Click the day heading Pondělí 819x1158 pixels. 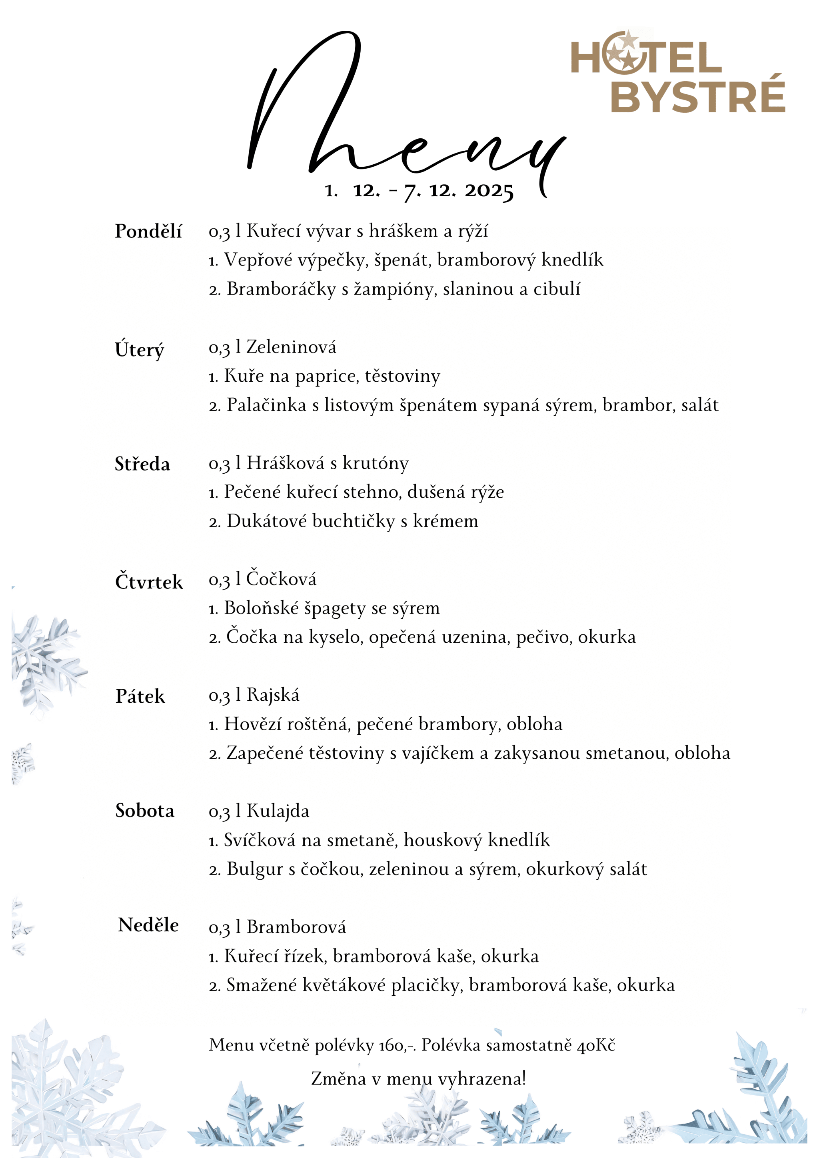148,231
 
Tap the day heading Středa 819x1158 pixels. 142,464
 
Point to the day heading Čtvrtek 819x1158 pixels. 149,582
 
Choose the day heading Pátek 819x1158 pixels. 140,696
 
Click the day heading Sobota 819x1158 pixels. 145,811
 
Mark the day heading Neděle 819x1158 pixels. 148,925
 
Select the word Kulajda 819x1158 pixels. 278,811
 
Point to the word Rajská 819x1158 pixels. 273,696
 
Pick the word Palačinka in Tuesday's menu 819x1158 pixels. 266,405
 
